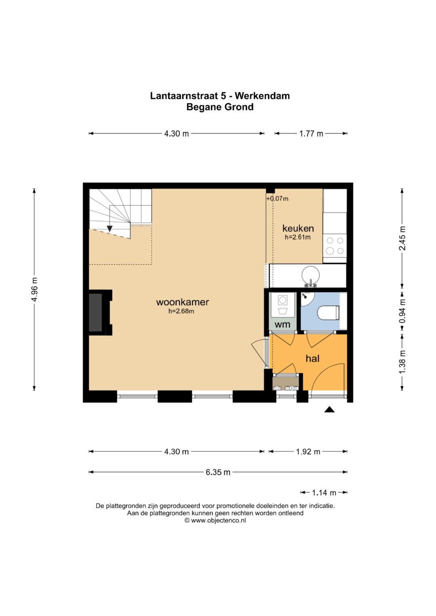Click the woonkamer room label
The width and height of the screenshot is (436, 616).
coord(182,302)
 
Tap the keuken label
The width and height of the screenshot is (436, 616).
coord(298,228)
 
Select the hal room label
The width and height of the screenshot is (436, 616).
coord(312,358)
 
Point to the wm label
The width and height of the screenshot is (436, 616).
coord(283,324)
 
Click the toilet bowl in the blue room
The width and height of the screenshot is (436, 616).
coord(328,313)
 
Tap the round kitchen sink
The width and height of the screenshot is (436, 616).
coord(311,275)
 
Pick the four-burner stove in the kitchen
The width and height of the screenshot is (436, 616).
coord(335,246)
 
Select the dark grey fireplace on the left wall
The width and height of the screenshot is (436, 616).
coord(96,312)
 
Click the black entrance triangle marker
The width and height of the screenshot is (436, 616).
coord(329,410)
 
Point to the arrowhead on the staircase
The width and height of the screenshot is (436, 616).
coord(109,228)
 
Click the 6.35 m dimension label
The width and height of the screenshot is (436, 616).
coord(218,472)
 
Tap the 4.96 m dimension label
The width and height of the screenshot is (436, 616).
coord(34,290)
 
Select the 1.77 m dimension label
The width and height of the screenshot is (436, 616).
coord(311,134)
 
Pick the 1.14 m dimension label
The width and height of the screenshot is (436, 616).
coord(324,493)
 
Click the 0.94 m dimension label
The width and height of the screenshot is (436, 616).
coord(402,311)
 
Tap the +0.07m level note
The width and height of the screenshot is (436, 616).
coord(277,198)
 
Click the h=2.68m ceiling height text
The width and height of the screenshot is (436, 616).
coord(181,311)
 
